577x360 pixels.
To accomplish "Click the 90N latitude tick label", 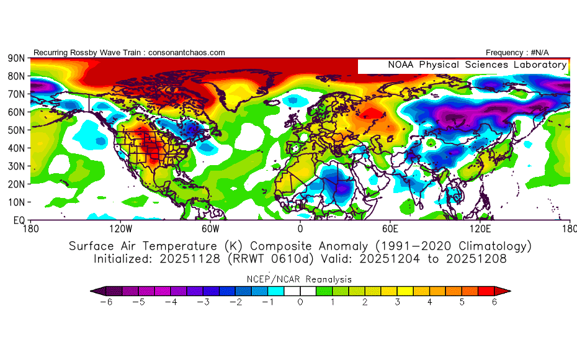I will (16, 58).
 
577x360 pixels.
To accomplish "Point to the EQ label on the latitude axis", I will (19, 220).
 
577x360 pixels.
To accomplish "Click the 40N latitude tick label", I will (16, 148).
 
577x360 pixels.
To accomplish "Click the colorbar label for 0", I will (300, 302).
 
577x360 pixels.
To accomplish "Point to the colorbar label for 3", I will (398, 302).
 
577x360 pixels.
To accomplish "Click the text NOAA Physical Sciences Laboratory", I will (477, 65).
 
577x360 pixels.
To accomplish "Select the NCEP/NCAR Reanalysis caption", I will (300, 279).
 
